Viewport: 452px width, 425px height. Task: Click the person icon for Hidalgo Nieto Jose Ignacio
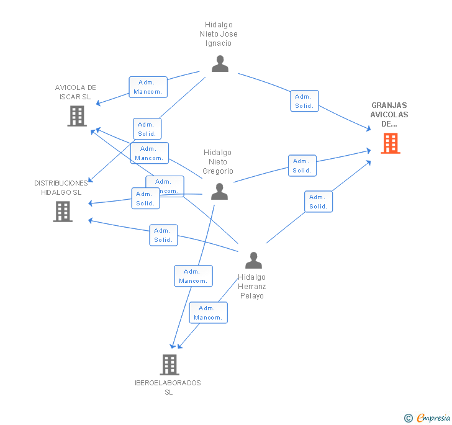(220, 64)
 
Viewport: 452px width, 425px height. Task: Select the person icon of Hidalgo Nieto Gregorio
(219, 192)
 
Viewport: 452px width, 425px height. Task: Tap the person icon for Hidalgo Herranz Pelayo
(253, 260)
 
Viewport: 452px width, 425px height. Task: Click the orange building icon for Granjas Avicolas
(390, 143)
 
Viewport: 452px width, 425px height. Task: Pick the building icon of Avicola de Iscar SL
(77, 115)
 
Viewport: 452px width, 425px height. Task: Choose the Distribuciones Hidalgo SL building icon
(62, 212)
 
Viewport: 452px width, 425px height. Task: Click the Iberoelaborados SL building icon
(169, 365)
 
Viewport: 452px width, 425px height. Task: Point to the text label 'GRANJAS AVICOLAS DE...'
(389, 115)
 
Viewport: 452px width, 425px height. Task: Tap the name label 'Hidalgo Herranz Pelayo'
(251, 287)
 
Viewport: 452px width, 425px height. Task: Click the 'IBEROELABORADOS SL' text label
(168, 387)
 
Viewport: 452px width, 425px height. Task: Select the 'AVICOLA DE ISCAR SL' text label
(76, 92)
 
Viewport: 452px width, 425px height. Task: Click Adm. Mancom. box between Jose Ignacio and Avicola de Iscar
(148, 87)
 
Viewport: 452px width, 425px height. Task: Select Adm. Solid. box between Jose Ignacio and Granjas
(304, 101)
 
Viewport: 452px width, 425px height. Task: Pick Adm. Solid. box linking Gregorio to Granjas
(302, 166)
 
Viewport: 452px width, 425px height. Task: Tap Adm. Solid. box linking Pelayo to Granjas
(319, 202)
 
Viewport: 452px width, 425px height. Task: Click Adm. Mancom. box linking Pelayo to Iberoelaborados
(208, 313)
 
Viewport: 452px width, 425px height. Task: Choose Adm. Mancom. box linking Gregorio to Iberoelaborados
(193, 276)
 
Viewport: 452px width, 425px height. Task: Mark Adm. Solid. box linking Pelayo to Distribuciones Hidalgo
(163, 235)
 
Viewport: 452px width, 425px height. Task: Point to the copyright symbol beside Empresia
(408, 418)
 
